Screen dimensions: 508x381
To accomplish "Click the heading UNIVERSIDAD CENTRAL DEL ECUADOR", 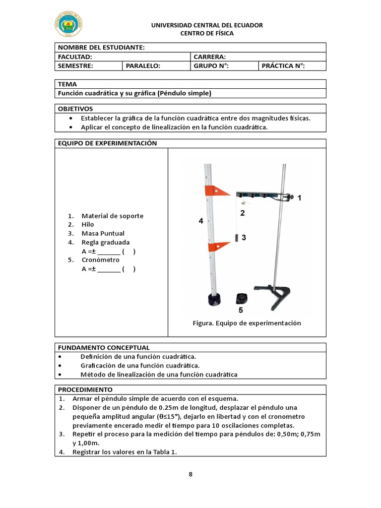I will click(207, 25).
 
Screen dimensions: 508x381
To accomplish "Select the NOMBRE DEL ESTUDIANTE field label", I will click(101, 47).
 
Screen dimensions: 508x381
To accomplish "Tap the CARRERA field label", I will click(210, 57).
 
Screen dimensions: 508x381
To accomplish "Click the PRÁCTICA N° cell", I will click(283, 66).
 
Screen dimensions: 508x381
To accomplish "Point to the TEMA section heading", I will click(67, 84).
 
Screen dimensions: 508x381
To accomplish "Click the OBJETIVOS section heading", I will click(75, 109).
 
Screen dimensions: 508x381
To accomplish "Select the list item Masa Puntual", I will click(103, 233).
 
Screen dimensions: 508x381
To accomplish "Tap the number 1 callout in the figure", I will click(299, 197).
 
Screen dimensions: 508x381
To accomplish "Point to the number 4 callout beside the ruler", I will click(201, 222).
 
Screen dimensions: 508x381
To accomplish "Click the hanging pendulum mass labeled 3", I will click(236, 238).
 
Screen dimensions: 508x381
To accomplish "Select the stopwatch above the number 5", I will click(241, 298).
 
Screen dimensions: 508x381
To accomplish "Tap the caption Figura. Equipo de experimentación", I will click(247, 323).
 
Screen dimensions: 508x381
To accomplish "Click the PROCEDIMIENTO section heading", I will click(85, 389).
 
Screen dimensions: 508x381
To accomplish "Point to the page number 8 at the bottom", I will click(190, 474).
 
